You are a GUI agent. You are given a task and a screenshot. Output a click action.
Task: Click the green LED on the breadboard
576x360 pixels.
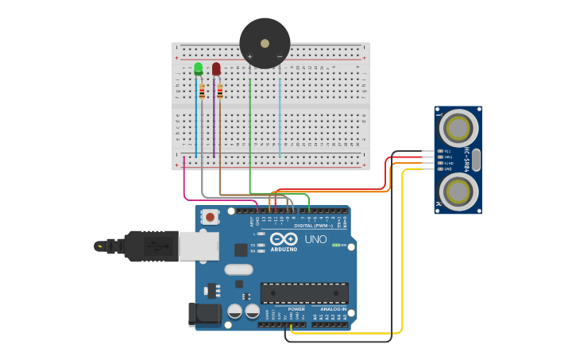point(198,69)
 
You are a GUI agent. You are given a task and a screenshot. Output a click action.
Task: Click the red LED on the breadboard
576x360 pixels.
point(216,69)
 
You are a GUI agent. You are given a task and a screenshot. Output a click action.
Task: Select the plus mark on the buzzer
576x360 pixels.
point(249,56)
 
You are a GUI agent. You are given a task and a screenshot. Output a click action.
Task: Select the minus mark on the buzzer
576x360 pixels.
point(280,56)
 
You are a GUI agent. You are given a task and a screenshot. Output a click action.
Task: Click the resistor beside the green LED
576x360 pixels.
point(202,91)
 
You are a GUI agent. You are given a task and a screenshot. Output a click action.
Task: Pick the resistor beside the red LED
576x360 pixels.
point(220,91)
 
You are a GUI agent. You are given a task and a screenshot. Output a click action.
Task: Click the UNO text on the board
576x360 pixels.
point(315,239)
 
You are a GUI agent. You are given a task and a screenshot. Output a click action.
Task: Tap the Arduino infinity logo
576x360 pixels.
point(284,239)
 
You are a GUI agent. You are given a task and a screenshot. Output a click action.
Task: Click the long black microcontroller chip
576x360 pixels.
point(304,292)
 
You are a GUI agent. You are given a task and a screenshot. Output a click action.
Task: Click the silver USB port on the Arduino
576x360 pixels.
point(198,246)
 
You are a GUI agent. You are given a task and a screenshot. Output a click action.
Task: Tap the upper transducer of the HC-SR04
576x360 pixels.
point(458,128)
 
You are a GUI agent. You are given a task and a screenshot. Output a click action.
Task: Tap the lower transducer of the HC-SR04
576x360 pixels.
point(458,192)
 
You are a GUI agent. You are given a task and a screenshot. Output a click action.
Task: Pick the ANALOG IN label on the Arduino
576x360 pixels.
point(330,309)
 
